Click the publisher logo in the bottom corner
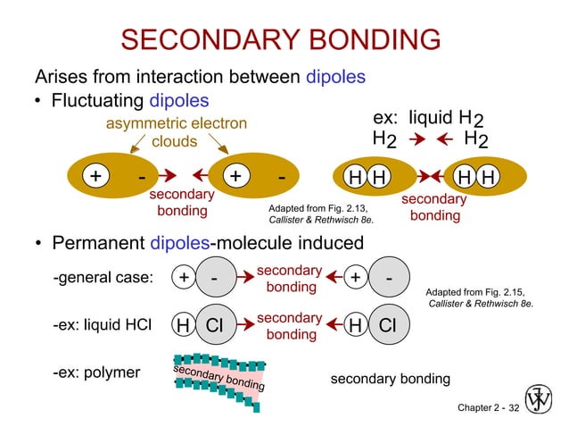click(539, 399)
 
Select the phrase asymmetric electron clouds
click(176, 131)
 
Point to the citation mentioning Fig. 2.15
click(480, 297)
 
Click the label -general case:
click(103, 278)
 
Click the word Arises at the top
click(61, 77)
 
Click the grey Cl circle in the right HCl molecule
click(386, 326)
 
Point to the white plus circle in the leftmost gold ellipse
click(94, 176)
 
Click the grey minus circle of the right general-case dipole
click(390, 278)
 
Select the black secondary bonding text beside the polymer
click(390, 380)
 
